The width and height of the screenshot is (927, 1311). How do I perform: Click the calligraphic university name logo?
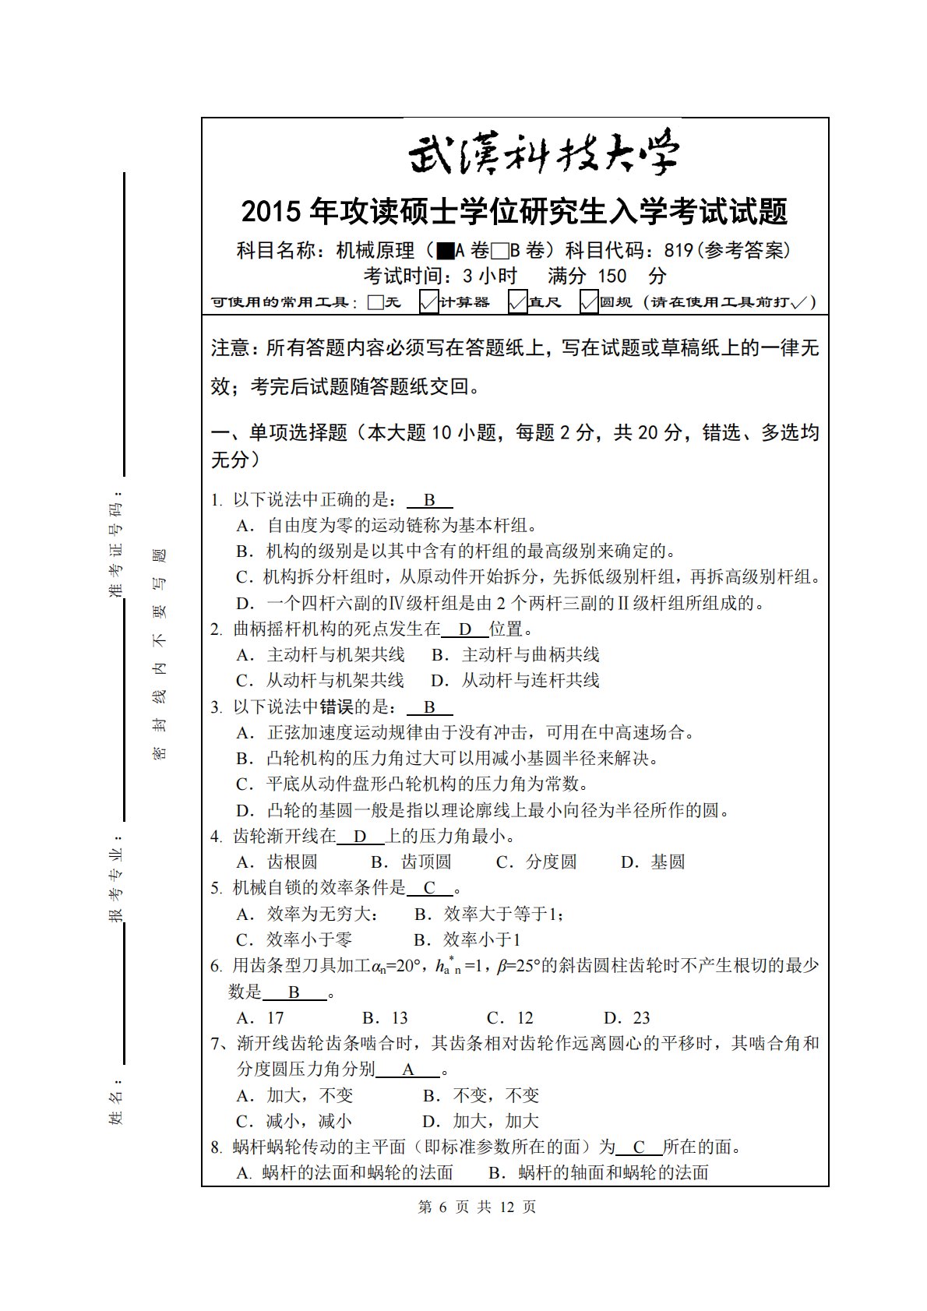[x=543, y=154]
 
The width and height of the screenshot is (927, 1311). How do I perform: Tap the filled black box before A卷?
[x=446, y=251]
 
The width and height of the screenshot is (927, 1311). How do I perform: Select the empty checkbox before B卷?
[x=500, y=251]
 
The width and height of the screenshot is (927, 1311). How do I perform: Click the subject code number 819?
[x=679, y=251]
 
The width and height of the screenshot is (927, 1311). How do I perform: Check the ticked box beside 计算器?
[x=428, y=301]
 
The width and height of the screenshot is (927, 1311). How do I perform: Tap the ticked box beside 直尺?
[x=517, y=301]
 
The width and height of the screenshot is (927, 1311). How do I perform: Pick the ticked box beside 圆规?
[x=589, y=301]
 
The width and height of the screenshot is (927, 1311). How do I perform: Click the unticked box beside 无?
[x=375, y=302]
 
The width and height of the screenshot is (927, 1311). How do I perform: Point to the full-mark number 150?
[x=612, y=276]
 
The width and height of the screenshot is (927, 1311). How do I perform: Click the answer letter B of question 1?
[x=429, y=500]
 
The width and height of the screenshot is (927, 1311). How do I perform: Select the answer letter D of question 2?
[x=465, y=629]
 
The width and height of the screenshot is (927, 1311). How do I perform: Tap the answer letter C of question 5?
[x=429, y=888]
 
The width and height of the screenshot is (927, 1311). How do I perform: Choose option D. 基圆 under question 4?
[x=653, y=862]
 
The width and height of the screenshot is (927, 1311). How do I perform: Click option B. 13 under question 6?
[x=385, y=1017]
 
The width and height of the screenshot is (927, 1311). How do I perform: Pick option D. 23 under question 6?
[x=626, y=1017]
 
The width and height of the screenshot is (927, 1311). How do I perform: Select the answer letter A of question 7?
[x=408, y=1070]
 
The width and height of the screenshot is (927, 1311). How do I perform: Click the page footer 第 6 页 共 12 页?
[x=477, y=1207]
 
